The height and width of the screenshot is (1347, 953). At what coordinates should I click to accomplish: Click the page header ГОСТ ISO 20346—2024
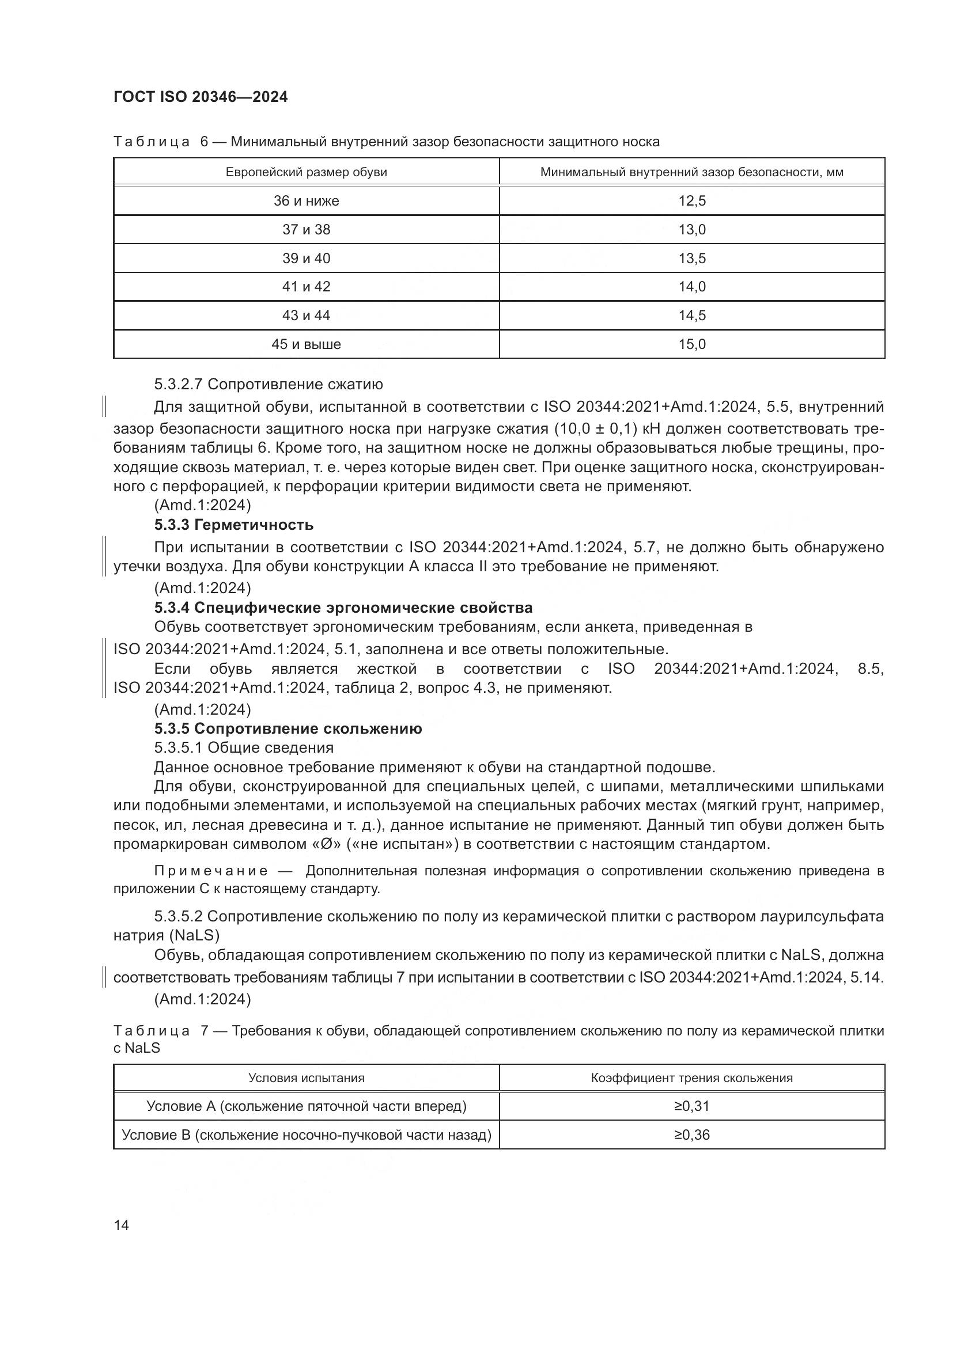coord(200,97)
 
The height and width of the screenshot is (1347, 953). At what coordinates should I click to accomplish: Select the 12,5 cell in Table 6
coord(692,201)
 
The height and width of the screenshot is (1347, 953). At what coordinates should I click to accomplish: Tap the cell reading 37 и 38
coord(307,229)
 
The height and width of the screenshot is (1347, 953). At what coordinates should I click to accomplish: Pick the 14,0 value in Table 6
coord(692,287)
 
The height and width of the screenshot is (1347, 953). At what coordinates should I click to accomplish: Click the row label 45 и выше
coord(307,344)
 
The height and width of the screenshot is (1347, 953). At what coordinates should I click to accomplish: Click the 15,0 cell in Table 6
coord(692,344)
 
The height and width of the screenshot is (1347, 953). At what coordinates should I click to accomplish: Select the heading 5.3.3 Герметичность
coord(233,525)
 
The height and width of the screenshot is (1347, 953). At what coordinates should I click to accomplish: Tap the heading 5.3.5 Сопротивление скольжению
coord(288,729)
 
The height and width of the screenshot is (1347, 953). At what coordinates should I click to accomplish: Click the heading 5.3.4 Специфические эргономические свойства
coord(343,608)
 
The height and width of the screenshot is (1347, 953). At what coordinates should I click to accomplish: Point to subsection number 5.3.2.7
coord(178,385)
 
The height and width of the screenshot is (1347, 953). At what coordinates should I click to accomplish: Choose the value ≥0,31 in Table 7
coord(692,1106)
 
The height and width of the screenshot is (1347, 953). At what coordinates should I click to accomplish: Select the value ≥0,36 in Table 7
coord(692,1135)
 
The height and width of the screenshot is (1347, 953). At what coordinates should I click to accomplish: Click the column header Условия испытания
coord(307,1078)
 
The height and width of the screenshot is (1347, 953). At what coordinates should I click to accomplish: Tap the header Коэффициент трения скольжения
coord(692,1078)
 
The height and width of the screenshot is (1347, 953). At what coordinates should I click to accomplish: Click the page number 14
coord(122,1225)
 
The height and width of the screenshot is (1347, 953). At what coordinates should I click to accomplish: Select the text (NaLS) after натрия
coord(198,935)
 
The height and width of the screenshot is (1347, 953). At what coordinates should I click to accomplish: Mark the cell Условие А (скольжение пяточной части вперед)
coord(307,1106)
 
